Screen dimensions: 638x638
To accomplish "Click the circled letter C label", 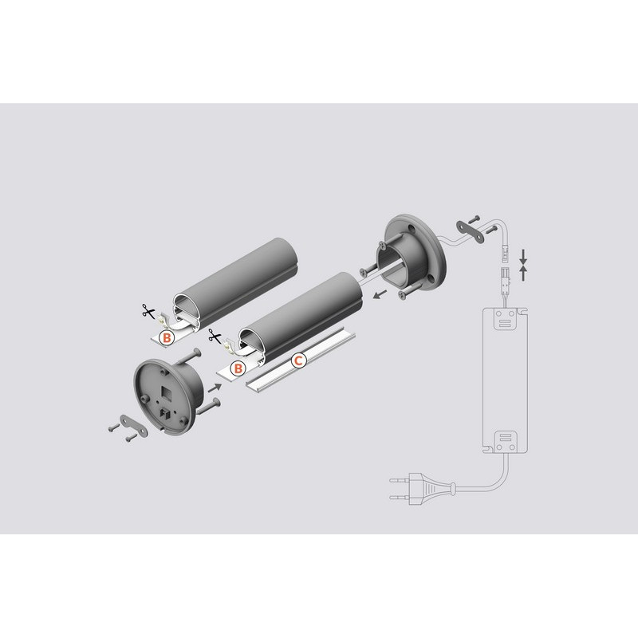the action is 298,360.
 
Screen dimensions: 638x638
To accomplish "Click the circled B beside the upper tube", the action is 167,337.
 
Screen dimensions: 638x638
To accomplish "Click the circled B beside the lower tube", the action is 238,368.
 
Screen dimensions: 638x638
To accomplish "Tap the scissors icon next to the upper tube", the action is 148,311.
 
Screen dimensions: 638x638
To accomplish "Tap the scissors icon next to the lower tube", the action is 215,336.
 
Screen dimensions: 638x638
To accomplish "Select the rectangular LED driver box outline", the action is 505,380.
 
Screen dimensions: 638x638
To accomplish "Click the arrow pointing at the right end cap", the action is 380,293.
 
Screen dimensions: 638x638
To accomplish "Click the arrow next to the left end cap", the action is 215,388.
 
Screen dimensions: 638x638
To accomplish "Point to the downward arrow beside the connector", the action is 523,256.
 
